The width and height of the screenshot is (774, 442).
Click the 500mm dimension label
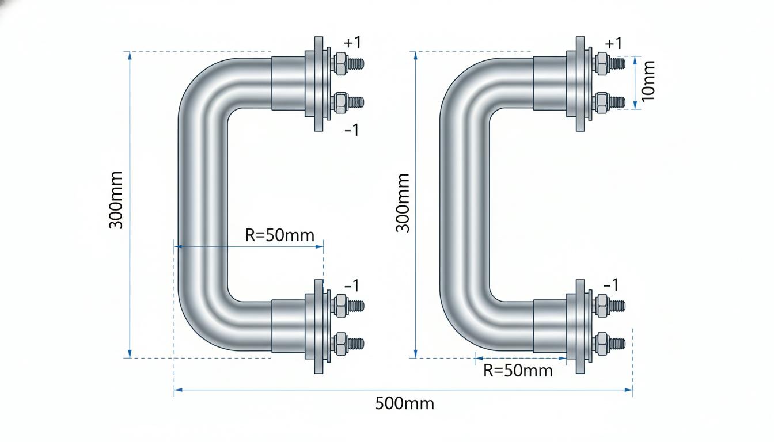coord(405,403)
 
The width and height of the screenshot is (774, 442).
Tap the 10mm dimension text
coord(648,81)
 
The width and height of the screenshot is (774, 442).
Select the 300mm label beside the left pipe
coord(116,200)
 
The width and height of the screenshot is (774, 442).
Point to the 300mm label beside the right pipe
coord(403,203)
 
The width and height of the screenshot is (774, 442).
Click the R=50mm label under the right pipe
coord(518,371)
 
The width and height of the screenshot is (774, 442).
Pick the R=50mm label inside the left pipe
coord(279,235)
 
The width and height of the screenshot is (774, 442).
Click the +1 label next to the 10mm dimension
coord(614,44)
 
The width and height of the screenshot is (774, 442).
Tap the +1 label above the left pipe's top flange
coord(352,43)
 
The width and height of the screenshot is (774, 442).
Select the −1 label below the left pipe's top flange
coord(352,130)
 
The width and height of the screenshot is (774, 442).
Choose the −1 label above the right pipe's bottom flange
coord(611,285)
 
